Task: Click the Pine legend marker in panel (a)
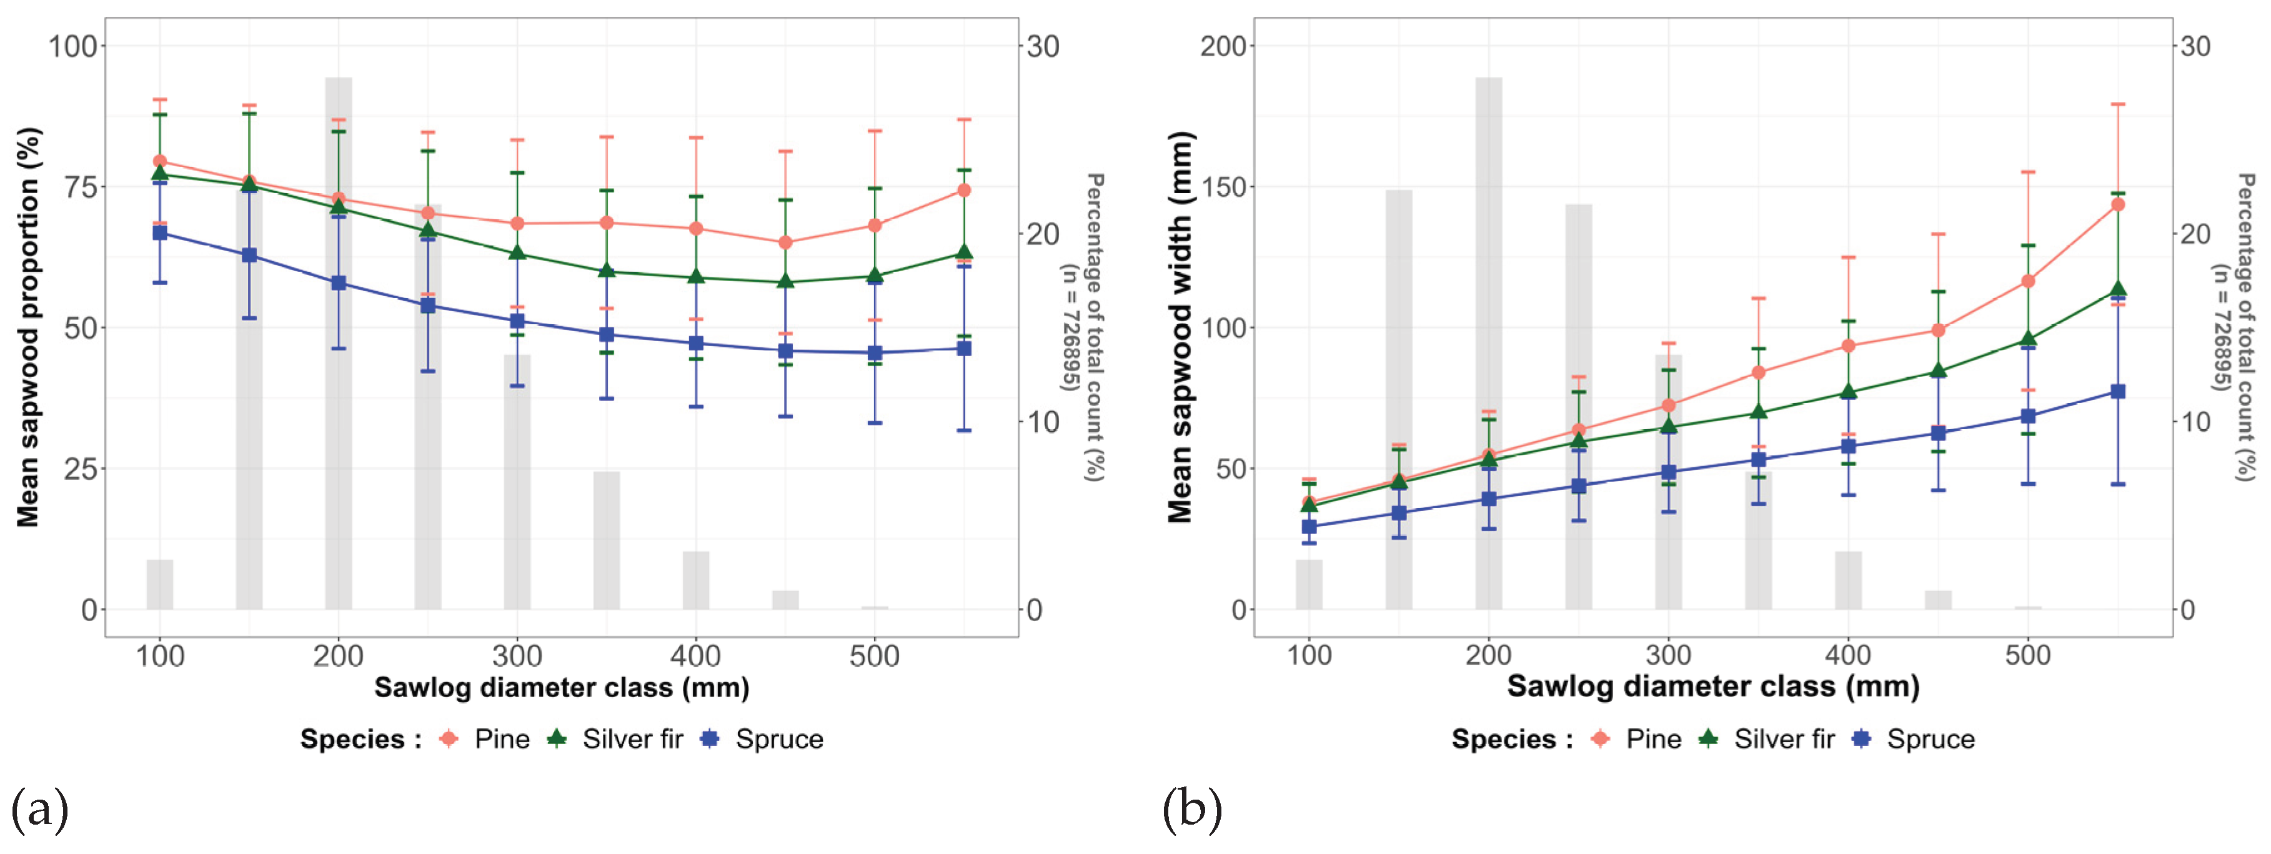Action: (x=449, y=738)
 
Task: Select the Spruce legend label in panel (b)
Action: (x=1930, y=738)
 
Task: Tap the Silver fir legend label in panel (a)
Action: (x=632, y=738)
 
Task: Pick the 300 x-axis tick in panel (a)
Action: (x=517, y=656)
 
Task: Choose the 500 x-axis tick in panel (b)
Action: (x=2028, y=656)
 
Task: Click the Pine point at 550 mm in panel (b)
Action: (x=2117, y=204)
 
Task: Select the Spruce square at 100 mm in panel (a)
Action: (x=159, y=232)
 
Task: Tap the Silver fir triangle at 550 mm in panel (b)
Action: (x=2117, y=289)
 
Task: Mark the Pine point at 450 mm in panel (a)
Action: (x=785, y=242)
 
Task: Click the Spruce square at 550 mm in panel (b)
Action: (x=2117, y=391)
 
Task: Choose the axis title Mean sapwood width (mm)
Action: (x=1180, y=327)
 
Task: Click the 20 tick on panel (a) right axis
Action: (x=1043, y=234)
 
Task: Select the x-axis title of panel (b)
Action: (x=1713, y=687)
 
